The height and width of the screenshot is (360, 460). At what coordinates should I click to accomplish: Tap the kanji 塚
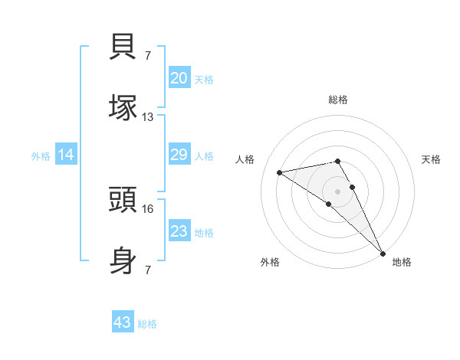point(123,107)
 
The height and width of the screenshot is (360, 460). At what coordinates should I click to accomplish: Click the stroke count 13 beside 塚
point(147,117)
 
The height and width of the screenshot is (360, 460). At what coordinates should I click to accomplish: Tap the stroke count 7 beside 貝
point(147,55)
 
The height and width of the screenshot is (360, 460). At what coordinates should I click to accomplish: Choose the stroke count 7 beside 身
point(147,270)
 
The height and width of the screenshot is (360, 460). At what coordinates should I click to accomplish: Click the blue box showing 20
point(179,78)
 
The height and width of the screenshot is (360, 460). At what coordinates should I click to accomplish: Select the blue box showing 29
point(179,155)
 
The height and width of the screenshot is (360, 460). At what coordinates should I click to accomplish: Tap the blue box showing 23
point(179,231)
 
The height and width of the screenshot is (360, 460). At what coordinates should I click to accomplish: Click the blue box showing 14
point(66,155)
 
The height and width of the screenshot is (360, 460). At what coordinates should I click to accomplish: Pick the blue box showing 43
point(122,322)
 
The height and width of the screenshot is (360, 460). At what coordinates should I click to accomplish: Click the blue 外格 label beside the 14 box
point(41,156)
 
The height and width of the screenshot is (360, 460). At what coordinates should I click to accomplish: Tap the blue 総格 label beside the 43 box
point(147,324)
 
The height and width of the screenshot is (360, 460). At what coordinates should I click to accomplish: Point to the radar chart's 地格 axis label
point(402,262)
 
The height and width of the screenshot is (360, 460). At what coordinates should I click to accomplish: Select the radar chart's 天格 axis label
point(431,159)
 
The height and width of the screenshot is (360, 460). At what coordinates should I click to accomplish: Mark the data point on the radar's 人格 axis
point(280,172)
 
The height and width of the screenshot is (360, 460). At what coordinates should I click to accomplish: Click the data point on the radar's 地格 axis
point(382,252)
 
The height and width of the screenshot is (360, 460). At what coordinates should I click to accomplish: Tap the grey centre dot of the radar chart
point(338,190)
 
